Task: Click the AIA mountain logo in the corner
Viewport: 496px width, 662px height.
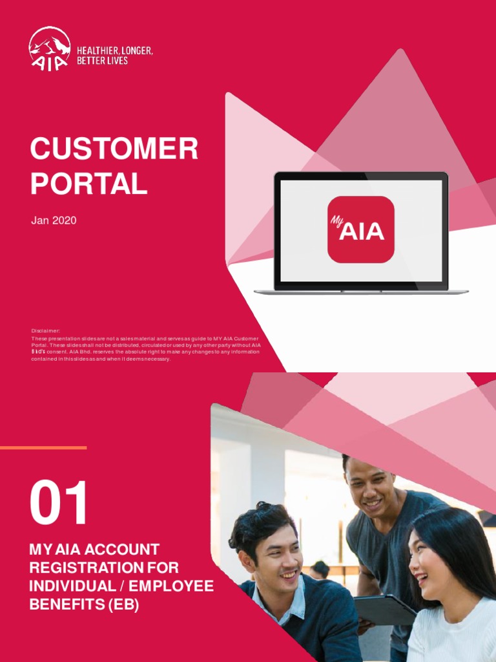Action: (49, 48)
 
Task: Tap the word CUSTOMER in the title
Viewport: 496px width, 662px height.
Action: (114, 150)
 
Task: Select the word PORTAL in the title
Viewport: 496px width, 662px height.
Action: (88, 184)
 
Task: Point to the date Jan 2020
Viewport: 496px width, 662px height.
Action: (54, 220)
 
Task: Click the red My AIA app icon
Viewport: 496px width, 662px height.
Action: (360, 229)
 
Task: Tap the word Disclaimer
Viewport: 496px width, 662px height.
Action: (46, 330)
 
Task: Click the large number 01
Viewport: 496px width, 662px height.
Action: (59, 503)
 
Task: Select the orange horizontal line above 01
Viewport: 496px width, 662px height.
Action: (43, 447)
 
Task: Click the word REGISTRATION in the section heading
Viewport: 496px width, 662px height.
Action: (80, 568)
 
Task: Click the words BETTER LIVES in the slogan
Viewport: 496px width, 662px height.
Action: (102, 61)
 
